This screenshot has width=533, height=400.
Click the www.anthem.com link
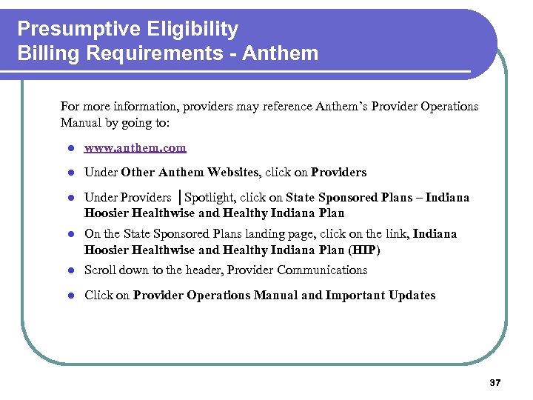click(135, 148)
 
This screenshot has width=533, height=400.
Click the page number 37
click(495, 383)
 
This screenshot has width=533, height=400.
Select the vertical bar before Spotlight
click(179, 198)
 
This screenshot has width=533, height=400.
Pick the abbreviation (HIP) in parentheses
click(365, 250)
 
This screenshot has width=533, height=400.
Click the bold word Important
click(351, 296)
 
